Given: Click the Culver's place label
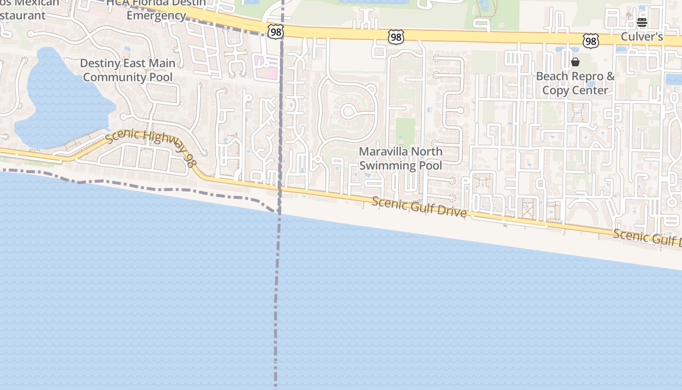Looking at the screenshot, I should pyautogui.click(x=642, y=37).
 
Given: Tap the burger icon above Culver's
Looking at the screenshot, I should pyautogui.click(x=642, y=22).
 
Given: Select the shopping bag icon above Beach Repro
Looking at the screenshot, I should pyautogui.click(x=575, y=62).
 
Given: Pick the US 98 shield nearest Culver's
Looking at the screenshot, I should pyautogui.click(x=591, y=40).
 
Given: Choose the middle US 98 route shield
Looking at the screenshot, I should pyautogui.click(x=396, y=37).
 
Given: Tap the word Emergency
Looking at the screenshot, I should pyautogui.click(x=156, y=16).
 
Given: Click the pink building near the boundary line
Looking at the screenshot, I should pyautogui.click(x=266, y=67).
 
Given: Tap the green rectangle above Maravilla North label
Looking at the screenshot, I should pyautogui.click(x=405, y=132).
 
